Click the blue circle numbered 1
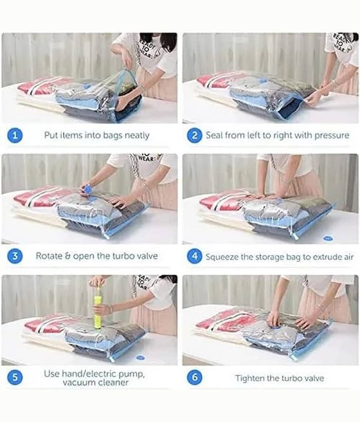pos(15,135)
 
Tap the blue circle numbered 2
pos(194,135)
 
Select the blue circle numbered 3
pos(15,256)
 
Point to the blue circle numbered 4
pos(194,256)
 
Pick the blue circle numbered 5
pos(15,377)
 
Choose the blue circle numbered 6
pos(194,377)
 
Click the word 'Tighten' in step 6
pos(249,378)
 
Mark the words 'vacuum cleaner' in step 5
pos(95,382)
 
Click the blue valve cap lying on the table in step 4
pos(328,238)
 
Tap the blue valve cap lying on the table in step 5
pos(140,358)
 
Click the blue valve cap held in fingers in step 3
pos(87,189)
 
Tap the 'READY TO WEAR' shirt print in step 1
pos(146,49)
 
